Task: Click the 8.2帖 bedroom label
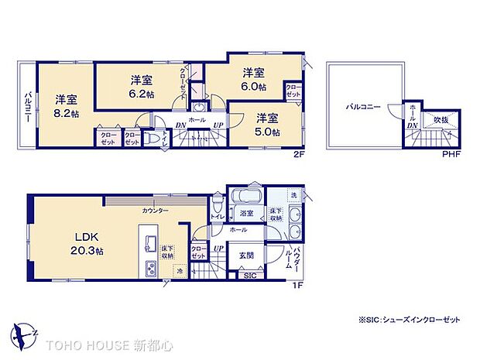[x=66, y=105]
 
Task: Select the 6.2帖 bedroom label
[x=141, y=85]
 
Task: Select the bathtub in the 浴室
[x=245, y=197]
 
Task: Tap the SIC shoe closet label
[x=250, y=275]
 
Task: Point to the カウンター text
[x=156, y=211]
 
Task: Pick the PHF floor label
[x=450, y=154]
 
